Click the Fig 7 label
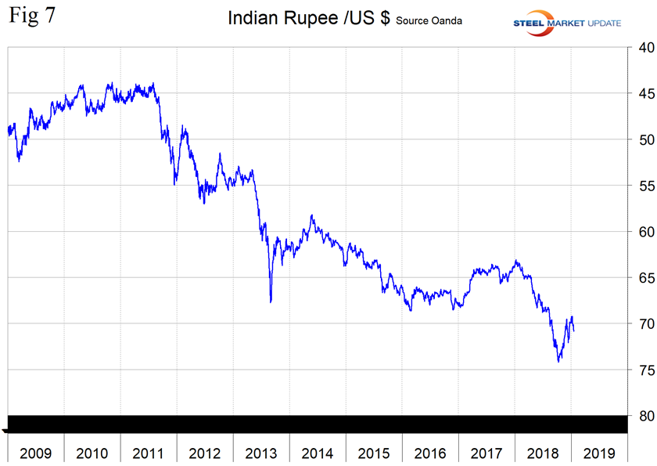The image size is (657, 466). click(32, 16)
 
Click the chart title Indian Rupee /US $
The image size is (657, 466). click(309, 19)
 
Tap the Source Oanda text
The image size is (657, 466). click(429, 20)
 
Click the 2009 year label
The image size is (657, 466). click(36, 453)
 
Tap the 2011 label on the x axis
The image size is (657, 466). click(149, 453)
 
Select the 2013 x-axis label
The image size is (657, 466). click(261, 453)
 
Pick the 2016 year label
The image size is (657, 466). click(430, 453)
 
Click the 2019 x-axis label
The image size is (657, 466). click(599, 453)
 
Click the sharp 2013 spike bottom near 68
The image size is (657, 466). click(271, 302)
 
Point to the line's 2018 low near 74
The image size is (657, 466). click(558, 361)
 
